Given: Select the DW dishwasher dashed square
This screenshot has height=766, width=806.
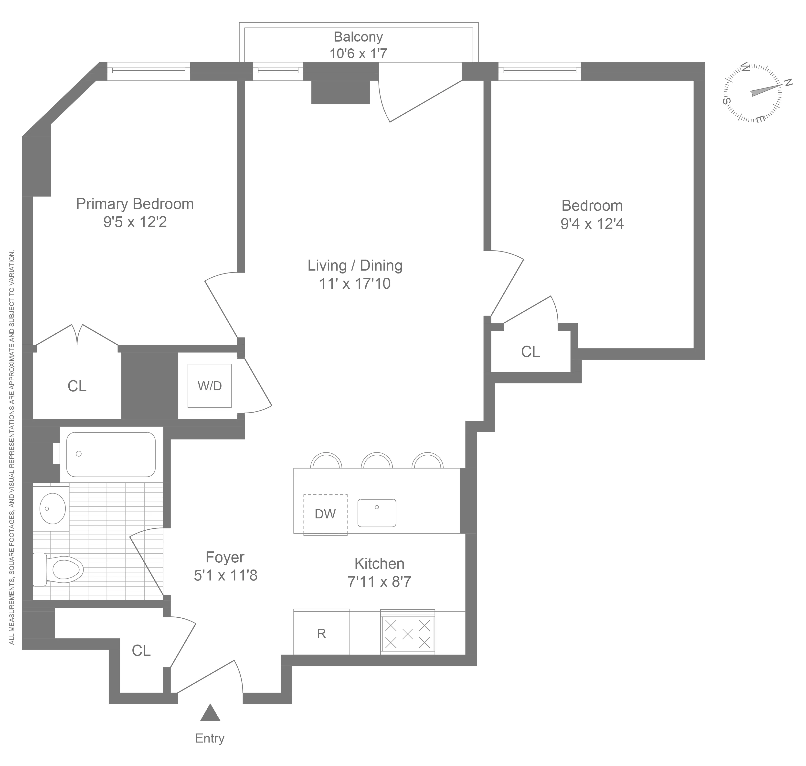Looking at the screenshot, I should (x=325, y=514).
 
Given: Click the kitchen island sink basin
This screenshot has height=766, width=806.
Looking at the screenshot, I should (x=376, y=513).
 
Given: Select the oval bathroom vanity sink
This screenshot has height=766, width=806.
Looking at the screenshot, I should (x=52, y=508).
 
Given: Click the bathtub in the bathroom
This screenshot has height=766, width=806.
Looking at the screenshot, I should (x=111, y=454).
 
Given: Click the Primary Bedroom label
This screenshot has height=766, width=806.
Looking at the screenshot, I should (x=135, y=204).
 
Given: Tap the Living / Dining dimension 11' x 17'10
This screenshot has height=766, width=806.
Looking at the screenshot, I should (x=355, y=283).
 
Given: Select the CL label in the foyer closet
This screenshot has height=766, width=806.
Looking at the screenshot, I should (x=141, y=650).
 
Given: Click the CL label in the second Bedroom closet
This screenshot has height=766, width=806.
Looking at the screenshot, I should (x=530, y=351).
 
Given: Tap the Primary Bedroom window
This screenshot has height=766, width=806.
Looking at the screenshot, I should (x=148, y=71).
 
